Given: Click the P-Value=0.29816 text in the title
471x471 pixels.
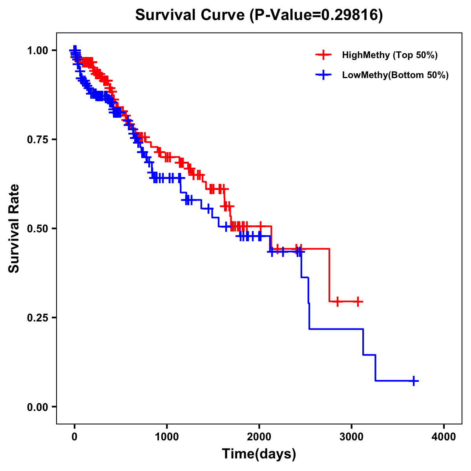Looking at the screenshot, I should click(x=316, y=15).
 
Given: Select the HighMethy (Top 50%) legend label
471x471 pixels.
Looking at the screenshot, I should click(x=390, y=55).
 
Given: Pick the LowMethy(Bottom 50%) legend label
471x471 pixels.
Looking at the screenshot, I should click(x=395, y=75).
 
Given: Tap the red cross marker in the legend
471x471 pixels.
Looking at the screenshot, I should click(x=323, y=55).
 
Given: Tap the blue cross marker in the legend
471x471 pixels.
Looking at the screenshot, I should click(x=323, y=75).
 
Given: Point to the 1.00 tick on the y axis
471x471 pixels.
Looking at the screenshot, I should click(x=38, y=50).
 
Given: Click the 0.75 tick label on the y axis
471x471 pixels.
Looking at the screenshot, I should click(x=38, y=139).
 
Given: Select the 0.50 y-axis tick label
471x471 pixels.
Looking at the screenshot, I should click(x=38, y=228).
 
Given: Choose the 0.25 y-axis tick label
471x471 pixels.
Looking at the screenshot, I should click(x=38, y=318).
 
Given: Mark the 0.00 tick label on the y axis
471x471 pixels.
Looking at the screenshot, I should click(x=38, y=407).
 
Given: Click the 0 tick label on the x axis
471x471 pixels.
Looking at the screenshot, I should click(x=75, y=437).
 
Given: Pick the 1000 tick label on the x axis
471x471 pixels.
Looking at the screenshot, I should click(x=167, y=437).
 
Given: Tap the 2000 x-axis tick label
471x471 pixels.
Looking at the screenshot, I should click(x=259, y=437).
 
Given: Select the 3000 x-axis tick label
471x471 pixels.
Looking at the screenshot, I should click(x=352, y=437).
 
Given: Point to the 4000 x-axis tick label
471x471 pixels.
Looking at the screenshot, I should click(x=444, y=437).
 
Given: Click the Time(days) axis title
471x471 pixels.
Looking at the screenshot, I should click(x=259, y=454).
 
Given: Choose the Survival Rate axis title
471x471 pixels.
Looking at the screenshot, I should click(x=14, y=228).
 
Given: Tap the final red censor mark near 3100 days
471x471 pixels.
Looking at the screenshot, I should click(x=358, y=301).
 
